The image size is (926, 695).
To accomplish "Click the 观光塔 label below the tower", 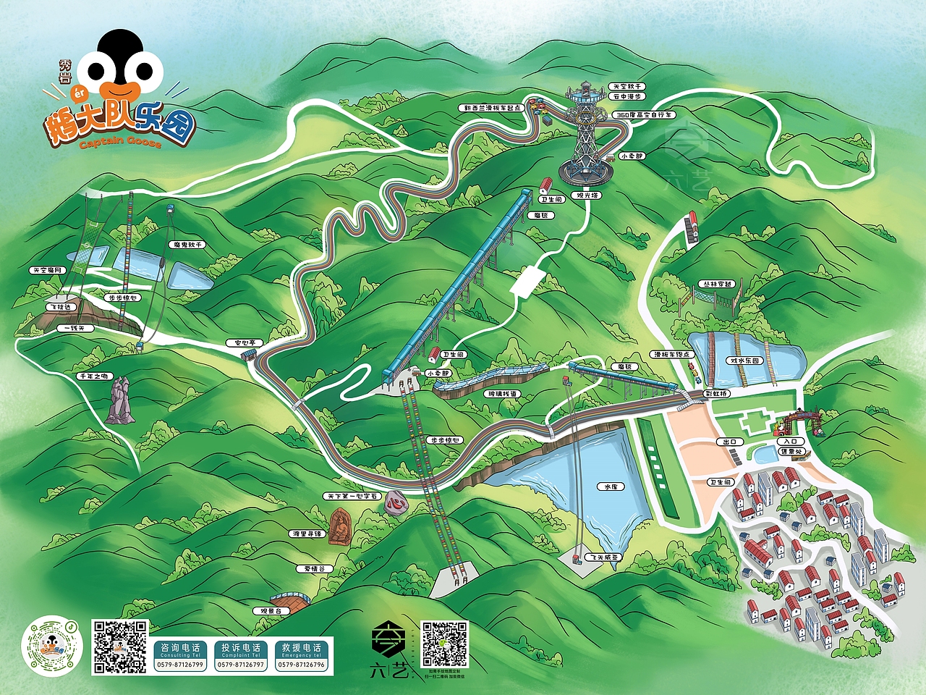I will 587,195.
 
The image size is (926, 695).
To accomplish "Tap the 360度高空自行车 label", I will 643,114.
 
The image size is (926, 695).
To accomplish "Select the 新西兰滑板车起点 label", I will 493,108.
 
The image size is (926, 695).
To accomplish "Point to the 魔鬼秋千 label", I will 187,245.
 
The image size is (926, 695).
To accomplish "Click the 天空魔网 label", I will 47,270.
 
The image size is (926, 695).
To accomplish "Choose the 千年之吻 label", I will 95,376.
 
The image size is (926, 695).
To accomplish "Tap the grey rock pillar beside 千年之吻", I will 118,402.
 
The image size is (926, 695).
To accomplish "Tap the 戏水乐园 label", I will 744,361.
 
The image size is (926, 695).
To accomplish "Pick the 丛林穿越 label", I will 718,285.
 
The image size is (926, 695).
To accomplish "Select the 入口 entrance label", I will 790,441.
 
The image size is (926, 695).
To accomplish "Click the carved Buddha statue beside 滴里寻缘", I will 339,526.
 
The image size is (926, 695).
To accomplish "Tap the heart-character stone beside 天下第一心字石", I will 394,502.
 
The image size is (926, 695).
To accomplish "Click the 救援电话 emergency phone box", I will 301,654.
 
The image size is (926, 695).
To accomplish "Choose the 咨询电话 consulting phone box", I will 180,654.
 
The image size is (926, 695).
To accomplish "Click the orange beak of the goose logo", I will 119,90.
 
